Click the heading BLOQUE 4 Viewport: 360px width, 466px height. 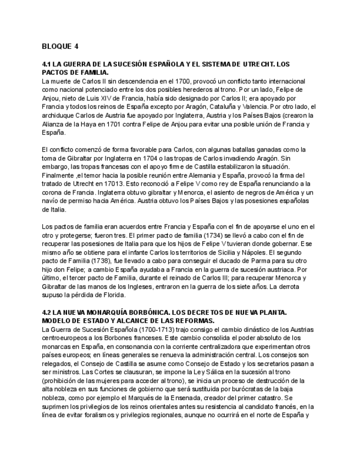(60, 46)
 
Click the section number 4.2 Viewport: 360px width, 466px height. (47, 312)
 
